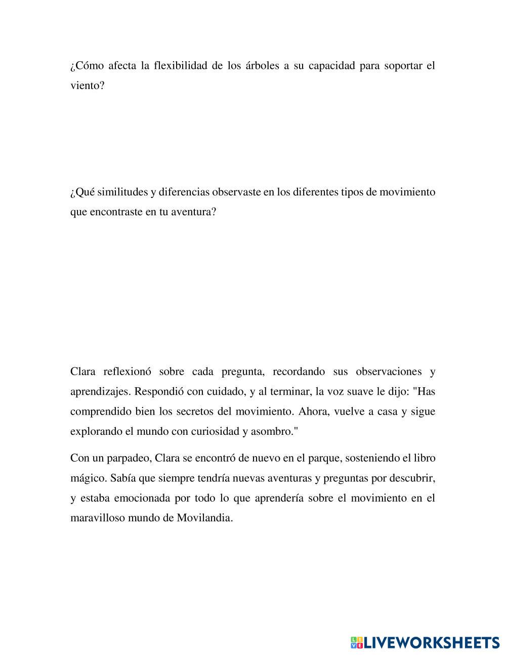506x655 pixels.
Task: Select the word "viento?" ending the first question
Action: tap(88, 86)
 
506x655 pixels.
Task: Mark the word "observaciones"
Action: tap(389, 372)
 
